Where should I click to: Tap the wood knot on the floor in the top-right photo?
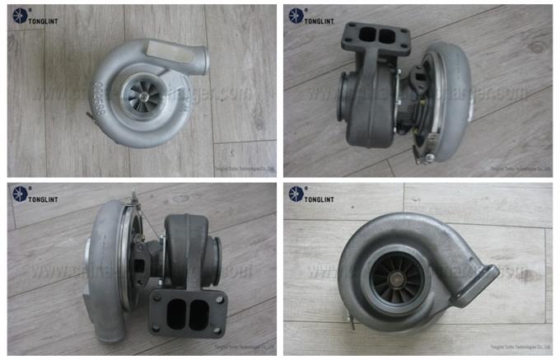click(538, 47)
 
